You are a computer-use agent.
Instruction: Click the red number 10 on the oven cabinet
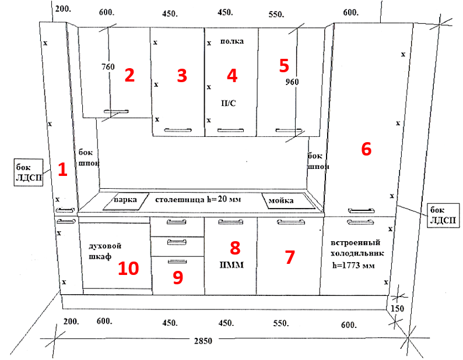pos(128,269)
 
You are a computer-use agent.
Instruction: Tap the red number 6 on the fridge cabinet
pos(366,149)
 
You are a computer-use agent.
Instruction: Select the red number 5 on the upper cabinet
pos(284,65)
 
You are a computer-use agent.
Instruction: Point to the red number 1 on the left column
pos(62,170)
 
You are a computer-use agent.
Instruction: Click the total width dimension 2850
pos(203,341)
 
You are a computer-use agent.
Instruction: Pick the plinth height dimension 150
pos(398,309)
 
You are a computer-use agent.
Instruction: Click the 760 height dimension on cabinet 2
pos(108,66)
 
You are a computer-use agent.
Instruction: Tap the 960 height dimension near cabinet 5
pos(292,82)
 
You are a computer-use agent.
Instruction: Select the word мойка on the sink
pos(281,201)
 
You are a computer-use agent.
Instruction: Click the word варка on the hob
pos(125,200)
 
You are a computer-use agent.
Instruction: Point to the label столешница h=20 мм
pos(198,199)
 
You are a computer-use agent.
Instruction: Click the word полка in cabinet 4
pos(232,41)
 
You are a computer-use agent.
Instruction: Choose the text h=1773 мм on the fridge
pos(353,265)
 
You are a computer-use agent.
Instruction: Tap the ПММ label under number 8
pos(232,265)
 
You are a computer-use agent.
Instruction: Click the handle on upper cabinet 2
pos(117,111)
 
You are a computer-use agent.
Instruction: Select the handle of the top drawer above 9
pos(177,222)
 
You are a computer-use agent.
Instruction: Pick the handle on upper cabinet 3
pos(178,130)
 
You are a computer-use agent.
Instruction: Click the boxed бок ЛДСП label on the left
pos(29,172)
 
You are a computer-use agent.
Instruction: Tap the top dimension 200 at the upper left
pos(63,9)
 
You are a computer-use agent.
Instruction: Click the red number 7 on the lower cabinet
pos(290,257)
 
